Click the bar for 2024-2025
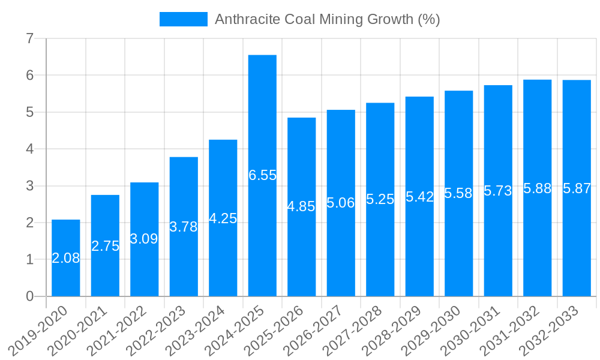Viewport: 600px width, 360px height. click(x=262, y=120)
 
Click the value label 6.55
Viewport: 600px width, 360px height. click(x=262, y=175)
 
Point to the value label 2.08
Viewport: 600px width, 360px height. click(x=66, y=258)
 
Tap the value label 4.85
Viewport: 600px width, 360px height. click(x=301, y=206)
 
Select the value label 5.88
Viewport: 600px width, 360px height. click(x=537, y=188)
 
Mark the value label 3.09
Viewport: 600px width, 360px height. click(x=144, y=239)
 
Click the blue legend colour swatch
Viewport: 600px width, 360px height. click(x=183, y=19)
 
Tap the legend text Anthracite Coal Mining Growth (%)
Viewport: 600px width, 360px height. click(x=327, y=19)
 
